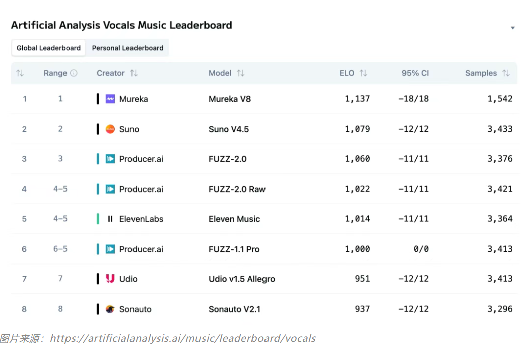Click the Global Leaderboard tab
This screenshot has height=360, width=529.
click(48, 48)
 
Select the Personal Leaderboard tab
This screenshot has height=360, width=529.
click(127, 48)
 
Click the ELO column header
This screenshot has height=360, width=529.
click(347, 73)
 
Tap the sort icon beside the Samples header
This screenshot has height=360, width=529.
click(506, 73)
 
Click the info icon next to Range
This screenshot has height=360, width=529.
click(74, 73)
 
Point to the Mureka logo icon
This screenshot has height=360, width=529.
click(110, 99)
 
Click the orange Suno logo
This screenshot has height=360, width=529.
click(110, 129)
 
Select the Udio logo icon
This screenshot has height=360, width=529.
click(110, 279)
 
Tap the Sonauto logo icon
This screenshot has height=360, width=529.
click(110, 309)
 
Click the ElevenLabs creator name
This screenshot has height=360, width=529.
click(141, 219)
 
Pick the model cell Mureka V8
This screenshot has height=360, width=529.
click(230, 99)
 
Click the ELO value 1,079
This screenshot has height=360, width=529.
click(357, 129)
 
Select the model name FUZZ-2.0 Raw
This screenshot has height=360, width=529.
click(237, 189)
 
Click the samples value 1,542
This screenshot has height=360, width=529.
click(500, 99)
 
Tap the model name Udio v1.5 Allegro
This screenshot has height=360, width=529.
click(242, 279)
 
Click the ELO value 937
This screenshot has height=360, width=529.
click(362, 309)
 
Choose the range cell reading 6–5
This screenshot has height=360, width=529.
click(60, 249)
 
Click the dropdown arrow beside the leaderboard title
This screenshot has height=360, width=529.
click(513, 28)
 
